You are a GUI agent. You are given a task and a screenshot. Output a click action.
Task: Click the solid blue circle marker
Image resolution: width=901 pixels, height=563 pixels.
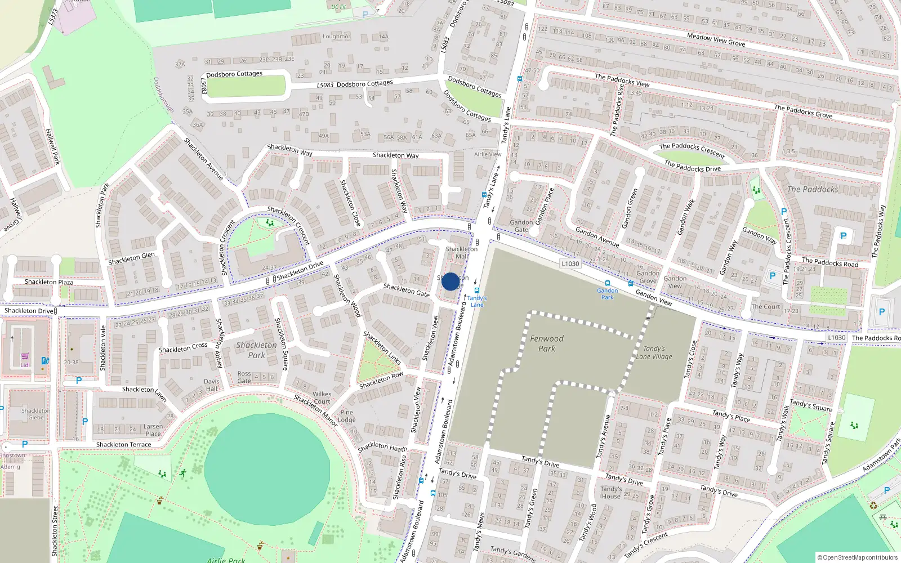click(x=450, y=281)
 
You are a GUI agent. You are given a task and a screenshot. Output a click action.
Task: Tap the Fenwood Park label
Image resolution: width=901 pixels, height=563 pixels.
click(x=546, y=343)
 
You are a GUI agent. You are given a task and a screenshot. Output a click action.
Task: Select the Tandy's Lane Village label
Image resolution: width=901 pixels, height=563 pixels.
click(x=654, y=352)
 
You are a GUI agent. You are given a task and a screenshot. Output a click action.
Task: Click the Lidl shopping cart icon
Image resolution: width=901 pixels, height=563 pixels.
click(x=25, y=356)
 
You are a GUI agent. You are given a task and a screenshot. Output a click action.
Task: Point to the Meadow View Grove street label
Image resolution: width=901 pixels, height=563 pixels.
click(x=716, y=39)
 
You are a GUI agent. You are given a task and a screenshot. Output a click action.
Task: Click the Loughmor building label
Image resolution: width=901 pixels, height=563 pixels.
click(x=336, y=37)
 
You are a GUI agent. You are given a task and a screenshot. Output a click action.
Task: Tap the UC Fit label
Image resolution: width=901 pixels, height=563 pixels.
click(x=338, y=7)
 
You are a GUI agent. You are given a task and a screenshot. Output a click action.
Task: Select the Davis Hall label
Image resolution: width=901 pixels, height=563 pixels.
click(x=212, y=385)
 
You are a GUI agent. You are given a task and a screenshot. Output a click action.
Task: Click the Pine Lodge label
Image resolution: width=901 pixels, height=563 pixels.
click(x=346, y=416)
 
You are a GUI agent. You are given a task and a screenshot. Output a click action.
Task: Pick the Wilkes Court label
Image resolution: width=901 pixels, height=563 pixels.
click(x=322, y=398)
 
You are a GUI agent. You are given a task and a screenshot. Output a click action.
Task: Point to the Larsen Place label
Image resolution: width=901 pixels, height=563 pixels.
click(x=153, y=430)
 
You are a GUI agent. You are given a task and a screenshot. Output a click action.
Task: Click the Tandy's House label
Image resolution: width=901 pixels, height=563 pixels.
click(x=611, y=493)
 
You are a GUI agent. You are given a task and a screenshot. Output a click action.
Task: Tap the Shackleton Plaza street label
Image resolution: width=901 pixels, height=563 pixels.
click(x=48, y=282)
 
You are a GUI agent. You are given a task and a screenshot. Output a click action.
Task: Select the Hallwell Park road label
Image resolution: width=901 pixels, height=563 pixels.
click(x=52, y=146)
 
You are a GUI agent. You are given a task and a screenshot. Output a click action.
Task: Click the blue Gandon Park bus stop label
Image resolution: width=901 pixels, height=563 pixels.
click(x=607, y=294)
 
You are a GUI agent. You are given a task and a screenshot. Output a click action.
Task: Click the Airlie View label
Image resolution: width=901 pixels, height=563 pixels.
click(x=488, y=154)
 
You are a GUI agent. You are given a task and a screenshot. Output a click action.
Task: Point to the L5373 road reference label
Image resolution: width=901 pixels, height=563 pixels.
click(x=53, y=16)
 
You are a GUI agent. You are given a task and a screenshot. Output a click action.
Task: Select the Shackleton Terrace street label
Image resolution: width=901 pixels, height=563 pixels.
click(x=123, y=445)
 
